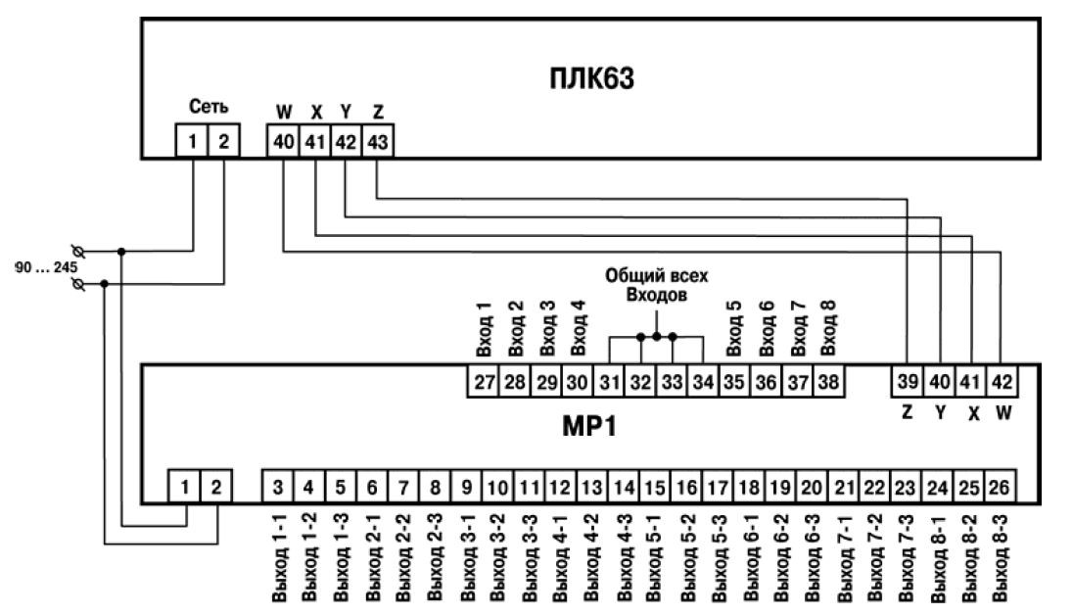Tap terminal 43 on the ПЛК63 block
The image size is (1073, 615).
click(378, 143)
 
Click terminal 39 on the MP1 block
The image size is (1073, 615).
click(908, 382)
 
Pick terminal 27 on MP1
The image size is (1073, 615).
click(485, 382)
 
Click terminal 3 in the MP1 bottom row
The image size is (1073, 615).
click(279, 486)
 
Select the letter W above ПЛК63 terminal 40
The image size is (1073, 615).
click(285, 114)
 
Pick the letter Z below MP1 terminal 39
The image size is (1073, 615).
click(908, 412)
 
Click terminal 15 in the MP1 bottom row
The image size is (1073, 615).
click(657, 486)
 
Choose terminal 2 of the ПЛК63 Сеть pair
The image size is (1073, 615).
click(224, 143)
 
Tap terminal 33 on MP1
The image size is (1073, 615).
click(673, 382)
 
